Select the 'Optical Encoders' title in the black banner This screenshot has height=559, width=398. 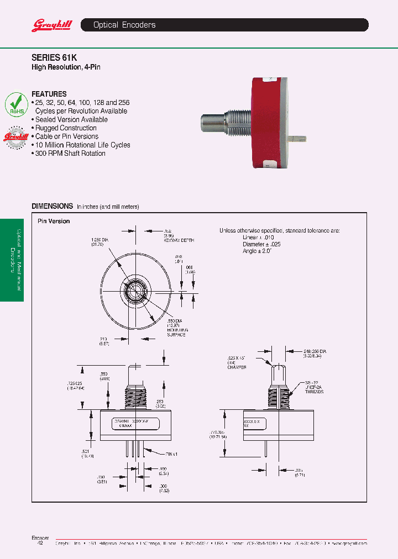click(124, 25)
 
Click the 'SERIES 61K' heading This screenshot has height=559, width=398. click(54, 56)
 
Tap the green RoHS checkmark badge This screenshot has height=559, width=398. click(17, 104)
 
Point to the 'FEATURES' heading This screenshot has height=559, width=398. click(49, 94)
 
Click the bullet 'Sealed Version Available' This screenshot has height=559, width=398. click(71, 119)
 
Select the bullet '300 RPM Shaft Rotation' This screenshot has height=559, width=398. click(70, 154)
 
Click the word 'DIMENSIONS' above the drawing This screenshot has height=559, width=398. click(52, 206)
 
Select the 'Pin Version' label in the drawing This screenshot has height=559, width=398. click(54, 221)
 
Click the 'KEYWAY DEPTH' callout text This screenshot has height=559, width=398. click(179, 241)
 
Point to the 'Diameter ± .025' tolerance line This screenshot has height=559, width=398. click(262, 244)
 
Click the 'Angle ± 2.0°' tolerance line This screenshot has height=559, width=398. click(257, 251)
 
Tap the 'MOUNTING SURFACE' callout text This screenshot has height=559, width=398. click(177, 332)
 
